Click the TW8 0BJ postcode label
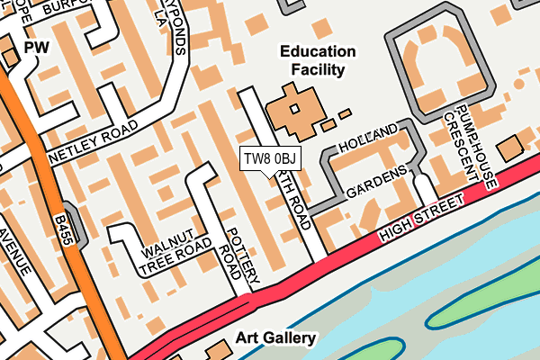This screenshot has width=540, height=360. click(270, 159)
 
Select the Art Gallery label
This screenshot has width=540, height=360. click(275, 338)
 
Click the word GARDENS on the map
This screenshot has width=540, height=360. click(378, 180)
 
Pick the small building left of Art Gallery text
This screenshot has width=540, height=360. click(216, 347)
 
